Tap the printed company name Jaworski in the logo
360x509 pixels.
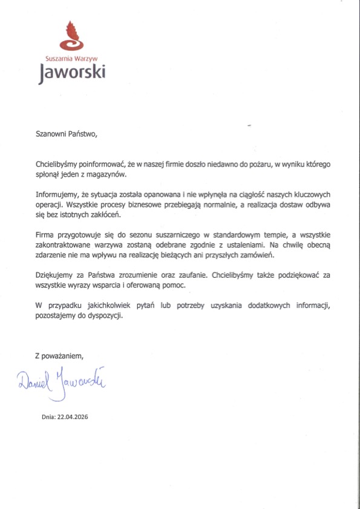[x=72, y=73]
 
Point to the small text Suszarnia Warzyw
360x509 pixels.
[x=71, y=59]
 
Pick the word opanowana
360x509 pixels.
[x=158, y=195]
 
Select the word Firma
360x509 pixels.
[x=45, y=235]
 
